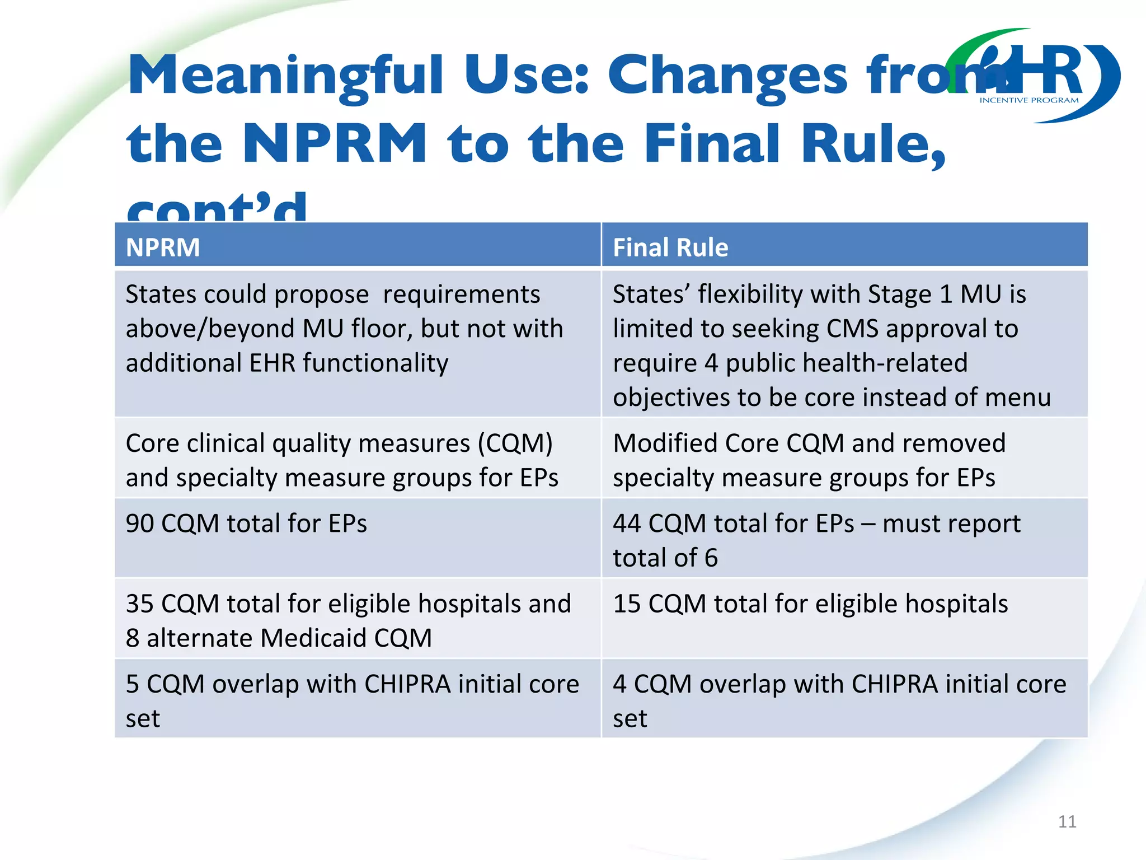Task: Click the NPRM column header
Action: coord(162,247)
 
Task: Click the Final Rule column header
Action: coord(670,247)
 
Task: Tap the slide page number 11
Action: coord(1067,821)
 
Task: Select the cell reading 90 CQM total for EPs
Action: coord(246,524)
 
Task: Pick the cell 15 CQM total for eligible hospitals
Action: coord(810,604)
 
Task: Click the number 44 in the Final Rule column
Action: coord(626,524)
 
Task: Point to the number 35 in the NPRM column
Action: coord(139,604)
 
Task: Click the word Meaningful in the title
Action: coord(285,76)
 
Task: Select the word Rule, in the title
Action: coord(873,144)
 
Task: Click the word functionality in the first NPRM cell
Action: coord(375,363)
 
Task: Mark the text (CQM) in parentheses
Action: coord(515,443)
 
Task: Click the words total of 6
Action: coord(665,558)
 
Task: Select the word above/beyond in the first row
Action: coord(210,329)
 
